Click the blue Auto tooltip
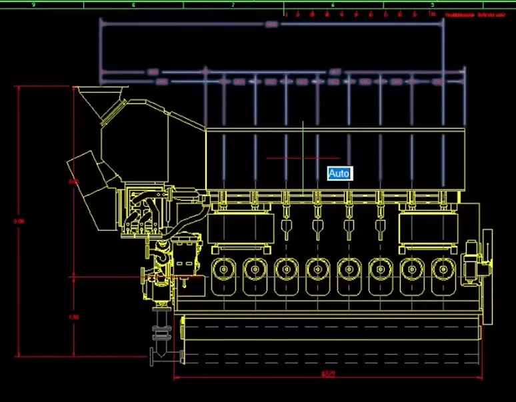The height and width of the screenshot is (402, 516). coord(339,173)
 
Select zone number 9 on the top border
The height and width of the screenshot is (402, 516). coord(33,5)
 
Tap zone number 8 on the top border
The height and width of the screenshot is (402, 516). coord(133,5)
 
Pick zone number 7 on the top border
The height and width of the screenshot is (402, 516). coord(233,5)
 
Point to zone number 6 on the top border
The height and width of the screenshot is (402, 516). coord(333,5)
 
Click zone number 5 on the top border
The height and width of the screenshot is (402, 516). coord(432,5)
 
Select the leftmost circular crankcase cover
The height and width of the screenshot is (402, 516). coord(223,270)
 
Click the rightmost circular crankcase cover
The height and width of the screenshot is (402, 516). coord(442,270)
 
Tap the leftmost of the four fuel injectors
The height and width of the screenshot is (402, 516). coord(286,230)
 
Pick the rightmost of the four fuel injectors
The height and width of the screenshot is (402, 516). coord(381,230)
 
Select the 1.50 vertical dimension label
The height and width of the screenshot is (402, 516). coord(74,317)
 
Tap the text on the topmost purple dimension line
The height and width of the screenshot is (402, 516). coord(271,25)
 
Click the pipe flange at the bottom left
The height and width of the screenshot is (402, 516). coord(161,355)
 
